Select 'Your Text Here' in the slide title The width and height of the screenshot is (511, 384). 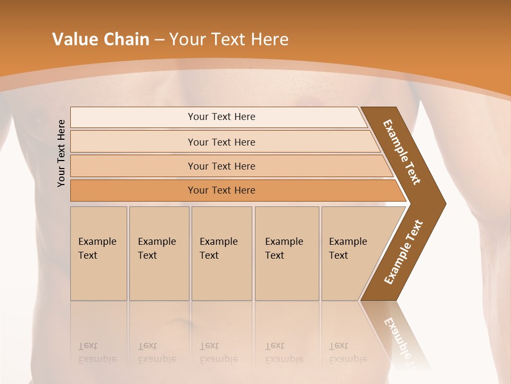pyautogui.click(x=229, y=39)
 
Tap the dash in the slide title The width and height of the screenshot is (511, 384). pyautogui.click(x=159, y=40)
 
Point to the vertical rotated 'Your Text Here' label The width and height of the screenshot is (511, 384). pyautogui.click(x=61, y=153)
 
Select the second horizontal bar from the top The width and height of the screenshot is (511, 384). pyautogui.click(x=221, y=142)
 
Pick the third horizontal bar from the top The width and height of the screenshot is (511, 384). pyautogui.click(x=221, y=166)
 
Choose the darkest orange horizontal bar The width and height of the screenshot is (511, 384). pyautogui.click(x=221, y=190)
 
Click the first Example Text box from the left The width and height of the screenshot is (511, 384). pyautogui.click(x=98, y=253)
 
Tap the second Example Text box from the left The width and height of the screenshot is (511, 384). pyautogui.click(x=159, y=253)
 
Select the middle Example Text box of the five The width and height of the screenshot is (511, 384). pyautogui.click(x=221, y=253)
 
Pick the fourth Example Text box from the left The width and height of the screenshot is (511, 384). pyautogui.click(x=286, y=253)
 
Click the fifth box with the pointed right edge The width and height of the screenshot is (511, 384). pyautogui.click(x=351, y=253)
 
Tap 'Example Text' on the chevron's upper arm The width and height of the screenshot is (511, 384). pyautogui.click(x=402, y=152)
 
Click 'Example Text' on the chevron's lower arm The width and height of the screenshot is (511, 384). pyautogui.click(x=403, y=252)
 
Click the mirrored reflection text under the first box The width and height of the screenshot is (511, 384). pyautogui.click(x=97, y=353)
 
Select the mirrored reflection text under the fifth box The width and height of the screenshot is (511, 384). pyautogui.click(x=348, y=353)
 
